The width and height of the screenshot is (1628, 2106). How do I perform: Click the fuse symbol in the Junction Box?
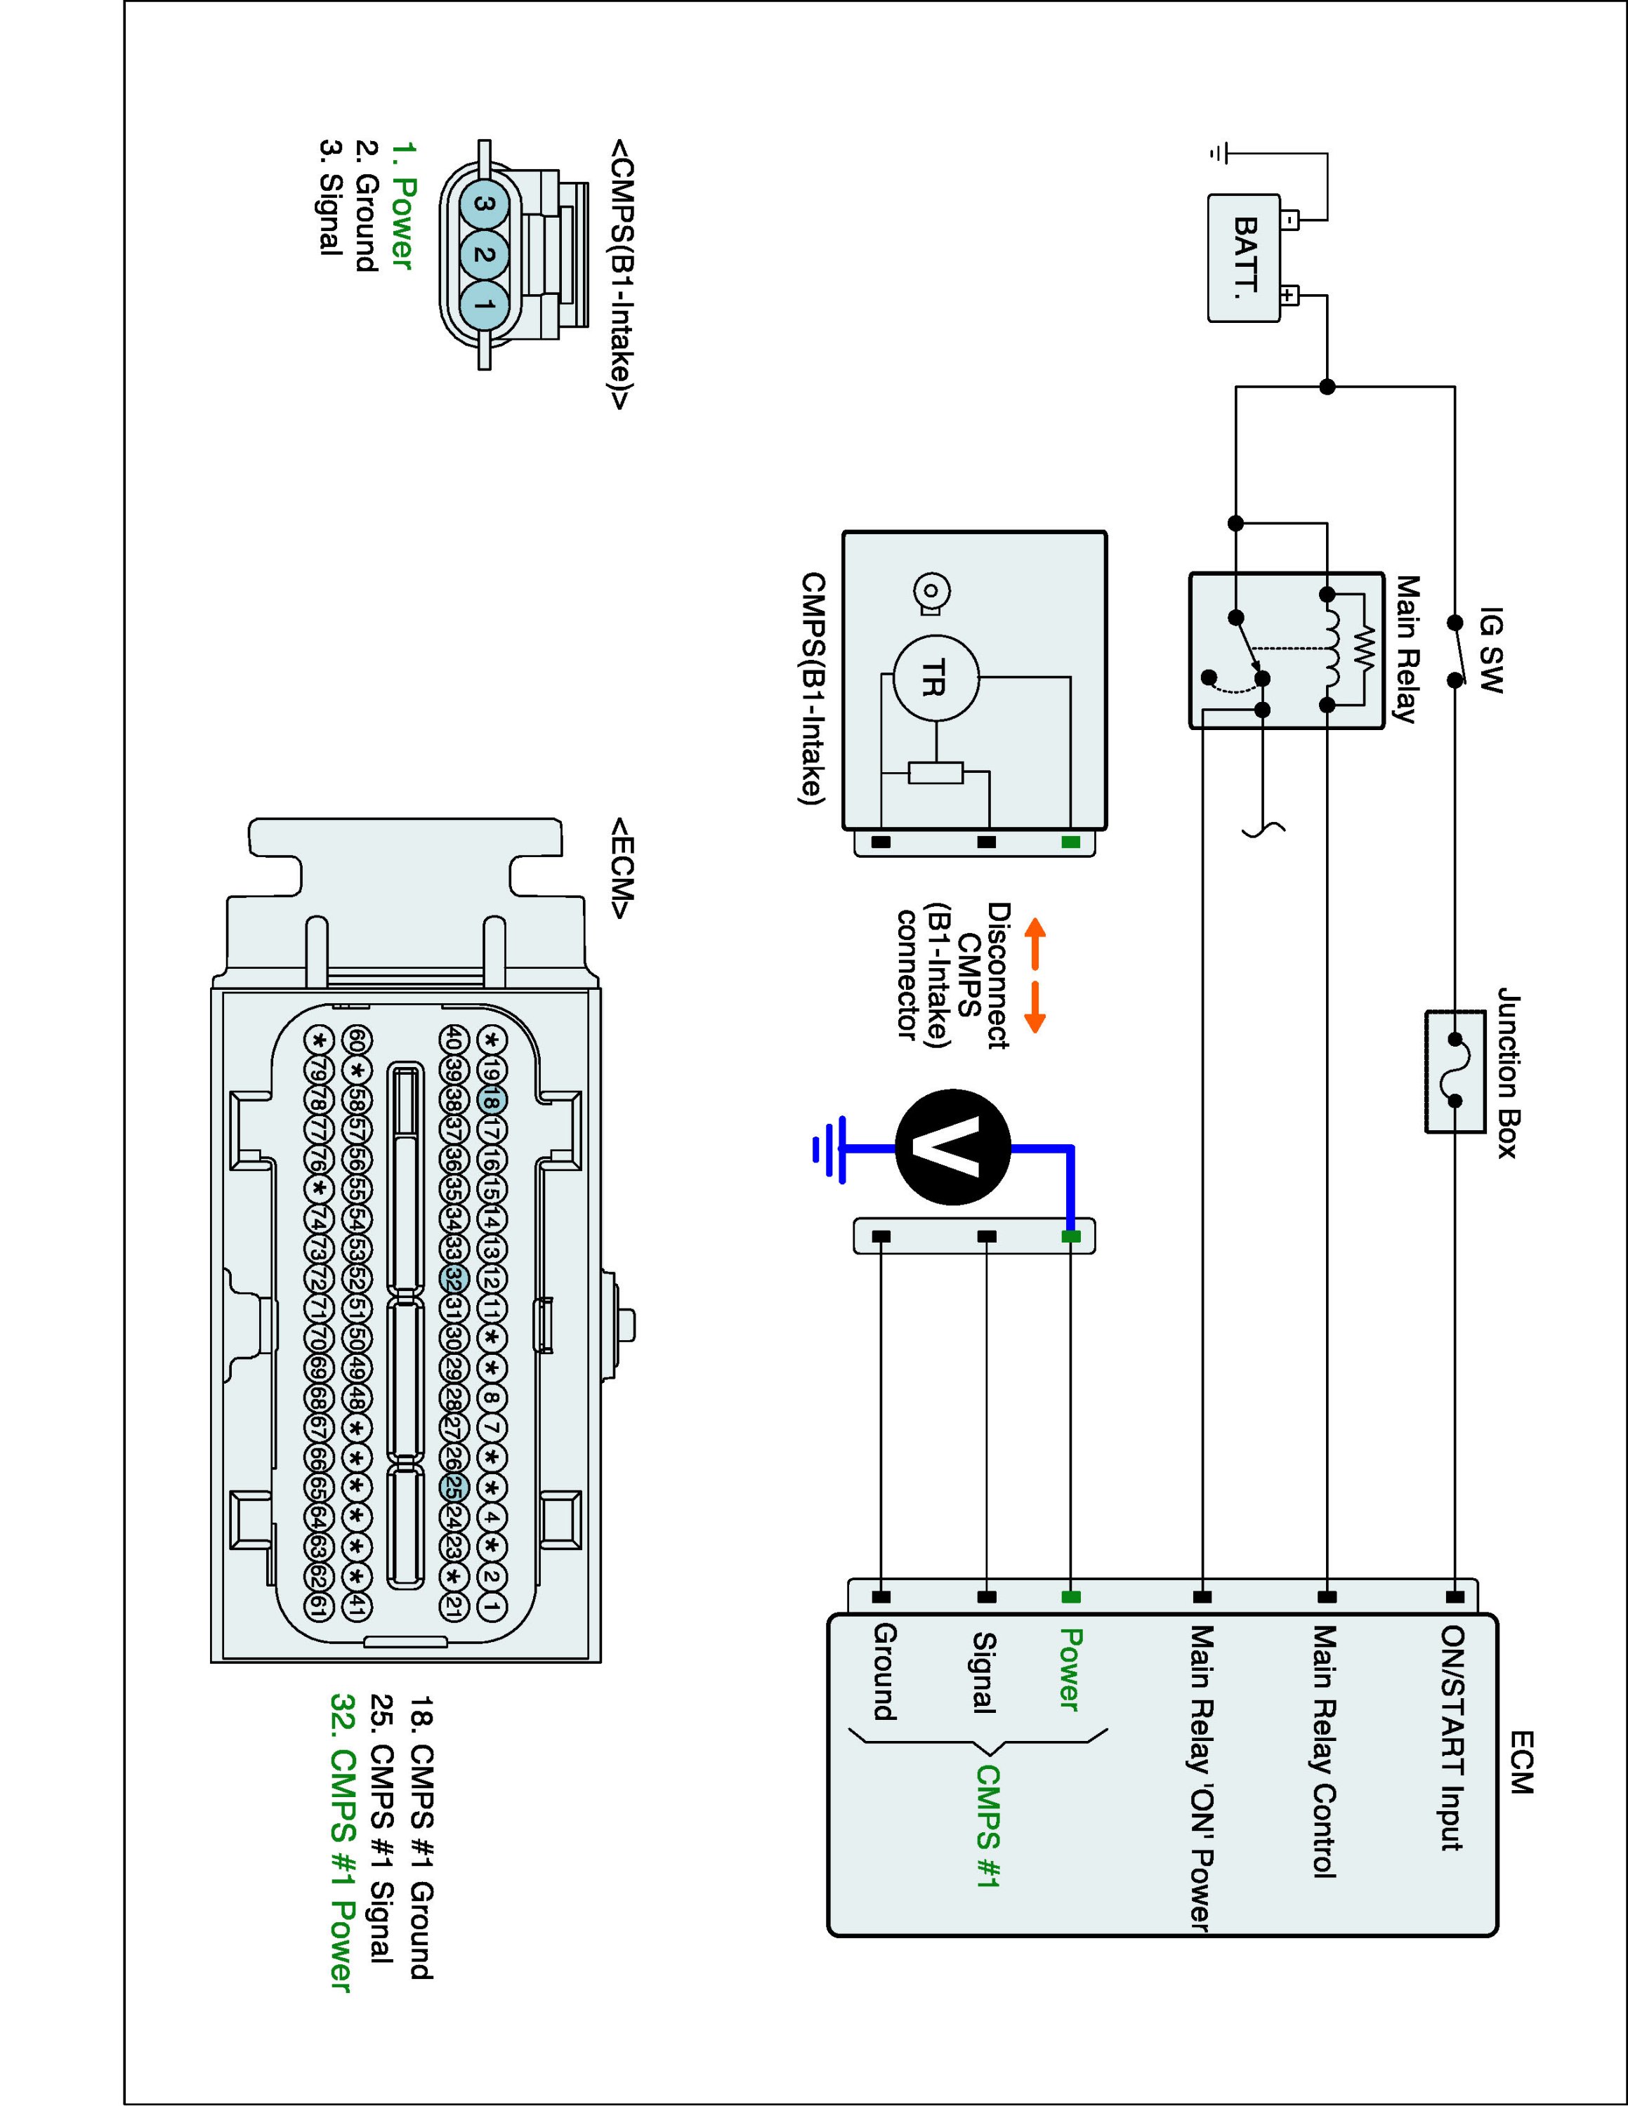(1455, 1071)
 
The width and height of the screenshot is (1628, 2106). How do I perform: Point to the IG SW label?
(1490, 650)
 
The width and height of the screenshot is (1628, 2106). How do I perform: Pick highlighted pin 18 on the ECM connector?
(491, 1100)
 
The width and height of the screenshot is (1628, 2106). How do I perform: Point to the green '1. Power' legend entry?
(401, 206)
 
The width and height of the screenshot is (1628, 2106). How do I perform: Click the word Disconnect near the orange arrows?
(999, 976)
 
